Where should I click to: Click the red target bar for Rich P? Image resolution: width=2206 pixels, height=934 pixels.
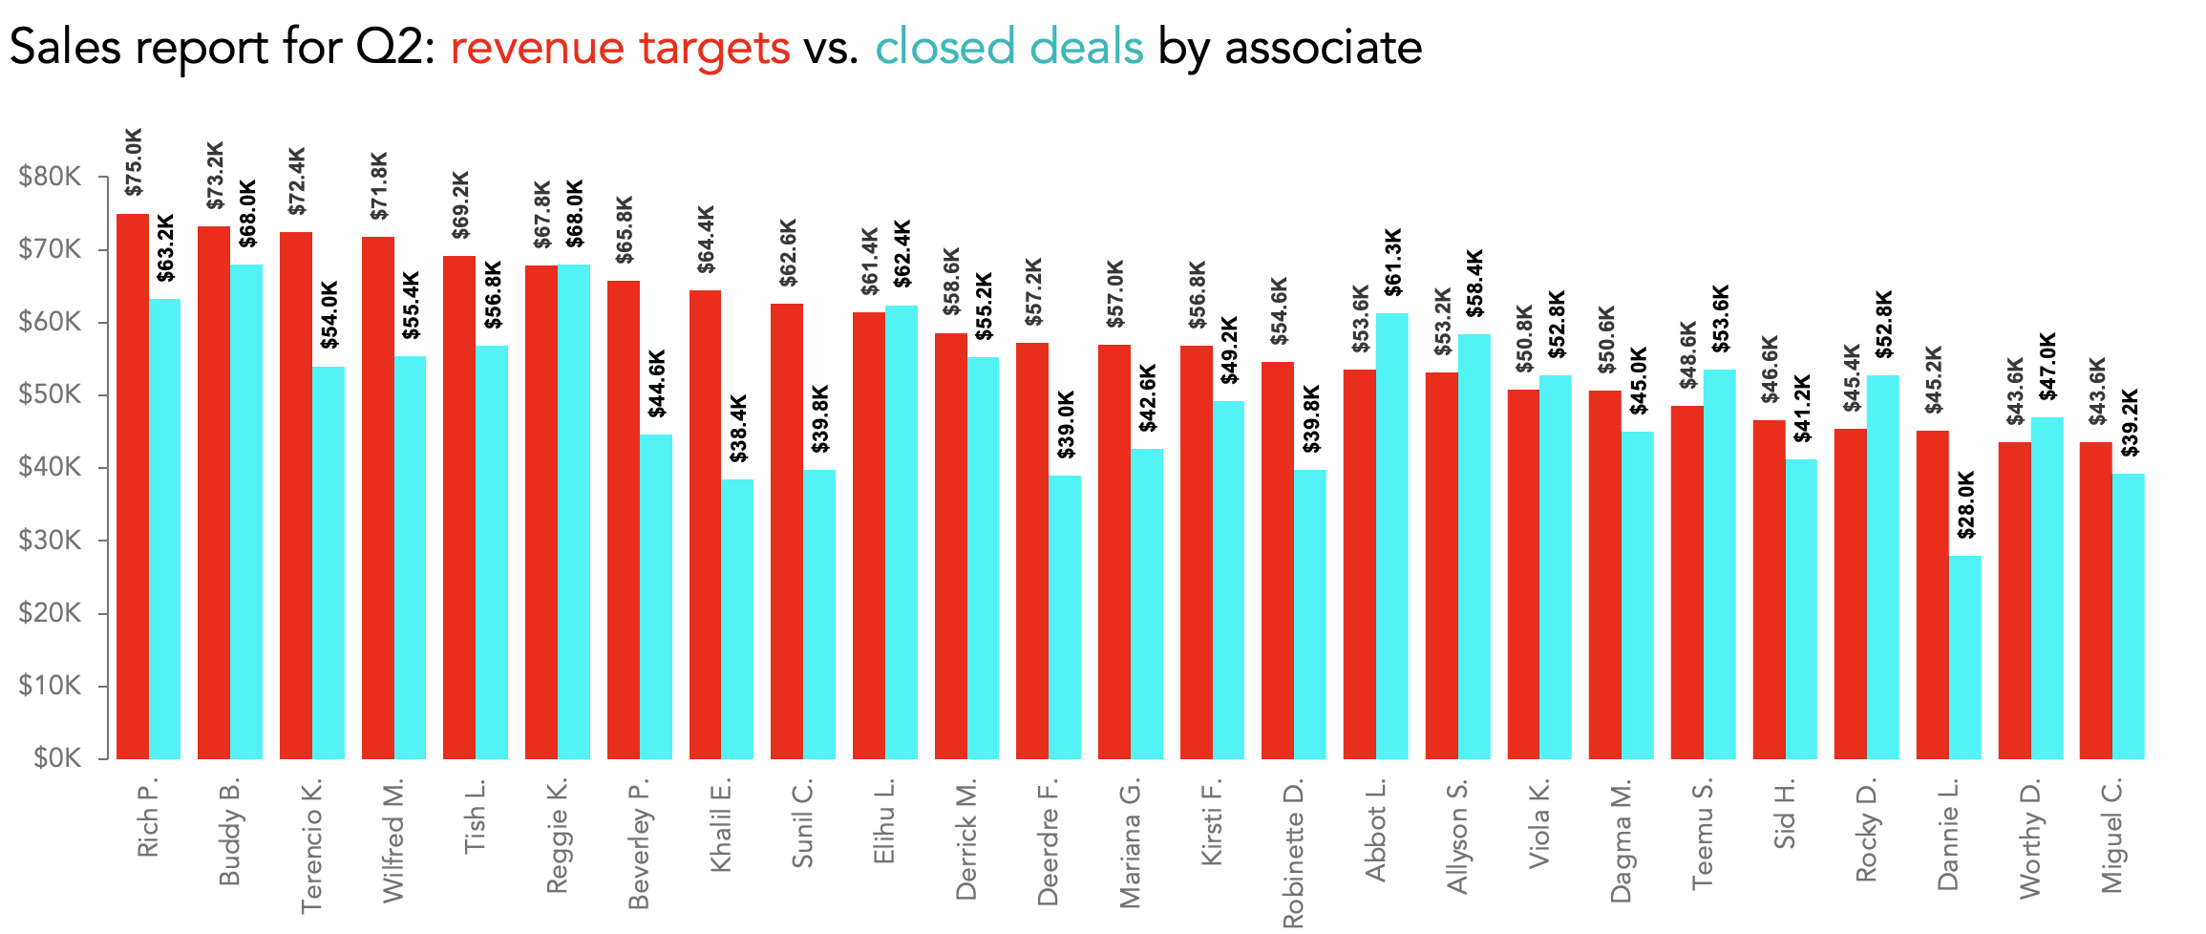click(133, 487)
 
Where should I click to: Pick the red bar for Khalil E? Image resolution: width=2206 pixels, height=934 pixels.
click(705, 525)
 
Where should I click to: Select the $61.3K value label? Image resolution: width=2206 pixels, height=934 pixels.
click(1392, 263)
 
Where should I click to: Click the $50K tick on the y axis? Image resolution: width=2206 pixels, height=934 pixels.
click(50, 394)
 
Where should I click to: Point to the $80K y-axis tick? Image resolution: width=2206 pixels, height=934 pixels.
click(50, 177)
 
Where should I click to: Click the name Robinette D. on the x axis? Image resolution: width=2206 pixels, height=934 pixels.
click(1292, 855)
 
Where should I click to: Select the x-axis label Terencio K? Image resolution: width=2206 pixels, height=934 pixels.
click(311, 846)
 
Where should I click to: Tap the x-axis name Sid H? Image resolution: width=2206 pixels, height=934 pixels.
click(1784, 815)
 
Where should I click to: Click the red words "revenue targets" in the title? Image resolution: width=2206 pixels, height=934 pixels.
click(620, 48)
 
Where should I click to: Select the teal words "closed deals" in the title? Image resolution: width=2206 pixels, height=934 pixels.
click(1008, 48)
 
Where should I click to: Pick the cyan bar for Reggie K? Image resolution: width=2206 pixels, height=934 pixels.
click(574, 512)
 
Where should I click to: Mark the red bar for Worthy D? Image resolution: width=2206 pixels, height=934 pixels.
click(2014, 601)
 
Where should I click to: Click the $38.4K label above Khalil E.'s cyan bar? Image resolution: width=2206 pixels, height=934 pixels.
click(738, 429)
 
